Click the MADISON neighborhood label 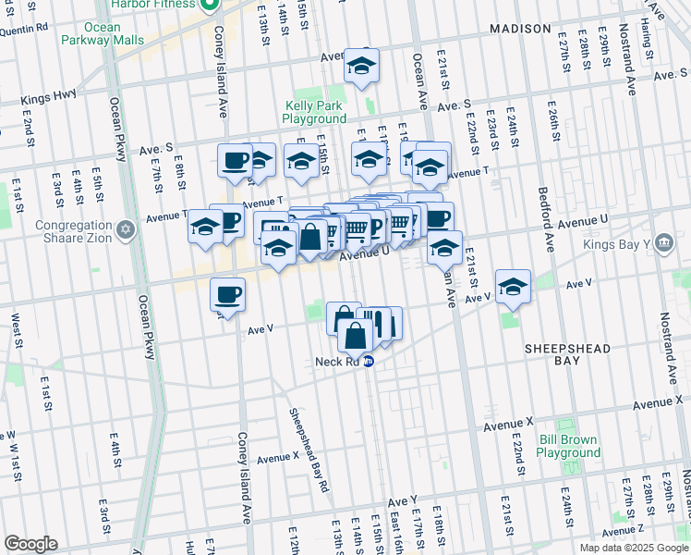tap(520, 29)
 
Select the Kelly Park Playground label tap(314, 112)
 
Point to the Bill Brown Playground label tap(568, 446)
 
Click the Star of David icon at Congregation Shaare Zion tap(126, 227)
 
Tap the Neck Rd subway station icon tap(369, 362)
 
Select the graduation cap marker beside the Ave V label tap(512, 286)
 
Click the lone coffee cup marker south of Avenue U tap(227, 295)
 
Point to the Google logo tap(30, 543)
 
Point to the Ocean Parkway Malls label tap(103, 33)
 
